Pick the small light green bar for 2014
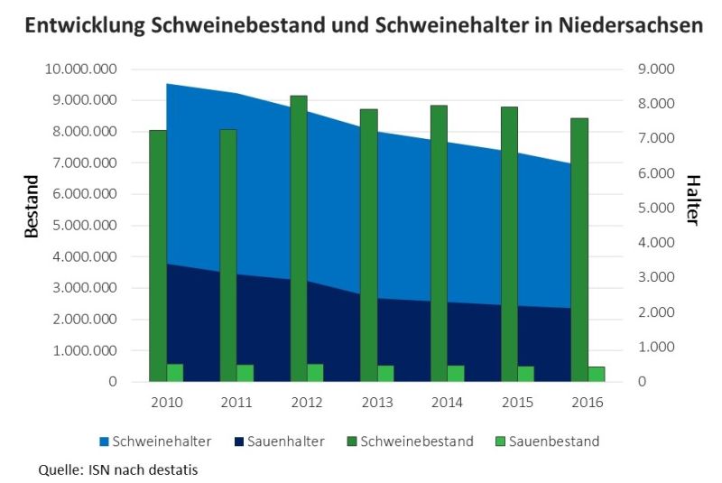(456, 374)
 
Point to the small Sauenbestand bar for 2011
(245, 373)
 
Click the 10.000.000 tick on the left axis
(83, 70)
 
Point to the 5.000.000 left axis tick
(87, 226)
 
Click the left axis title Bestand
(32, 206)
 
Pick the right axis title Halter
(690, 200)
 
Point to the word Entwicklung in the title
(86, 26)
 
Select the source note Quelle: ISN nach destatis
(117, 469)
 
